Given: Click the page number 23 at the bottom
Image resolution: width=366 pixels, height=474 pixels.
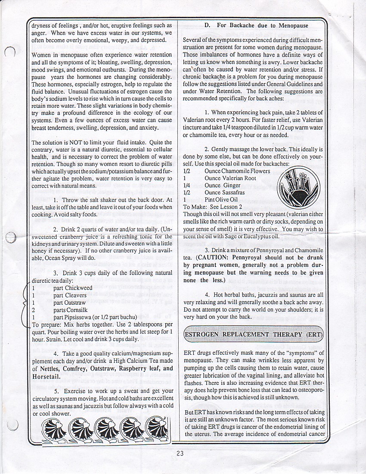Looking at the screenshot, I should [x=180, y=452].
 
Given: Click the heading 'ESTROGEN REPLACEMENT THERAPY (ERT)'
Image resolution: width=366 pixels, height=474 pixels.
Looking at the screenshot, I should [x=253, y=335].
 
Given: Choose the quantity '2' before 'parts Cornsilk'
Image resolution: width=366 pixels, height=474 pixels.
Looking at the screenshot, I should [x=34, y=310].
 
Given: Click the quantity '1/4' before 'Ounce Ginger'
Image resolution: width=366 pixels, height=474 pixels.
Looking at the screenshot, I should [x=187, y=185].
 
